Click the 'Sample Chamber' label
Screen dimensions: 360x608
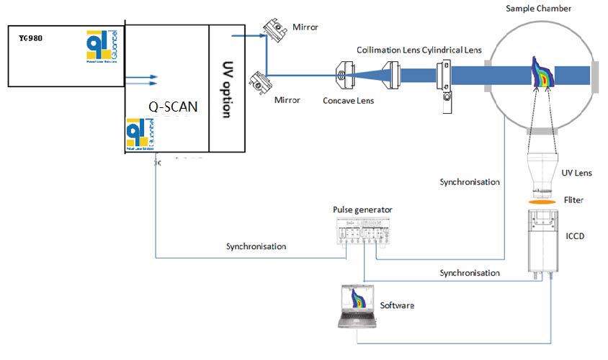pyautogui.click(x=540, y=8)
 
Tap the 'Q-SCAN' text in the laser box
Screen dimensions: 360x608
pyautogui.click(x=171, y=106)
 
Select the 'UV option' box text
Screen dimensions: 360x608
pyautogui.click(x=226, y=89)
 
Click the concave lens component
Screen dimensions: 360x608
pyautogui.click(x=345, y=73)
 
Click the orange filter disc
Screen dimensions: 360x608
pyautogui.click(x=542, y=202)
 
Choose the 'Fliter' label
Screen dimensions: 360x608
pyautogui.click(x=573, y=200)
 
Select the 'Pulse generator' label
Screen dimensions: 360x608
pyautogui.click(x=362, y=210)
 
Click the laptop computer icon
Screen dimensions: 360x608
pyautogui.click(x=357, y=307)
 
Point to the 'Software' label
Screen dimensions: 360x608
pyautogui.click(x=397, y=305)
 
